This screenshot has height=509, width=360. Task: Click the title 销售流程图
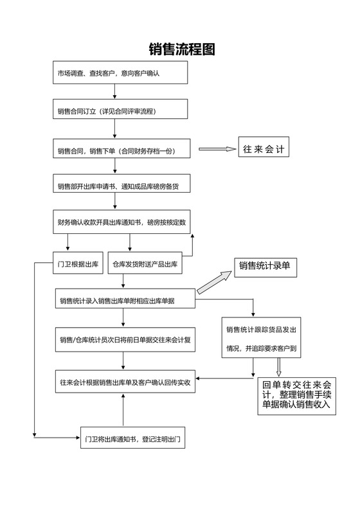pos(181,49)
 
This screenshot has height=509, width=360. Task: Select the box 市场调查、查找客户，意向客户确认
pos(120,73)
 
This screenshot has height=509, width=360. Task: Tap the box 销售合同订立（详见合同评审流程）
pos(120,111)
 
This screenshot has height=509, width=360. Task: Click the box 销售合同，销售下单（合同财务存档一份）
pos(120,150)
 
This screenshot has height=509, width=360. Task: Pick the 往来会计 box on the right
pos(264,148)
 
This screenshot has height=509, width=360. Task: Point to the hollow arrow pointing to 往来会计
pos(217,149)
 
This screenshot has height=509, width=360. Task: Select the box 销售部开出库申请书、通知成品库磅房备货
pos(120,186)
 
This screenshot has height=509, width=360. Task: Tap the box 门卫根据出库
pos(77,263)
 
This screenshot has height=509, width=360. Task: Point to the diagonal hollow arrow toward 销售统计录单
pos(215,282)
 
